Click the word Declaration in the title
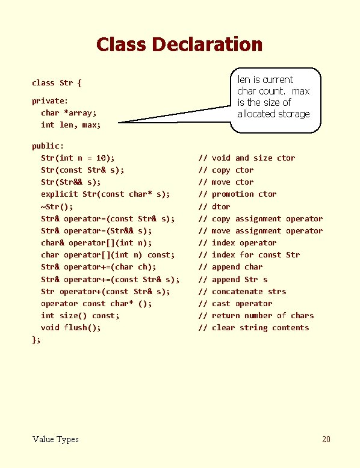[207, 44]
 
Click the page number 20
[326, 439]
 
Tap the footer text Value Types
[55, 439]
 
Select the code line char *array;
[69, 113]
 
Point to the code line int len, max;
[71, 125]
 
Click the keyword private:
[50, 101]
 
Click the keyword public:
[48, 146]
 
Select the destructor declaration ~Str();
[57, 206]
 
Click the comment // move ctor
[226, 182]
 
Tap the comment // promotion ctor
[238, 194]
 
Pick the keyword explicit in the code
[59, 194]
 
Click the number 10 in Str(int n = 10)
[101, 158]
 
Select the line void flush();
[71, 328]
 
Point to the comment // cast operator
[235, 304]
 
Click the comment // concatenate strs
[242, 291]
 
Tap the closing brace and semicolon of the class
[36, 340]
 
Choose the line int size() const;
[80, 315]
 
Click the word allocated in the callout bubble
[256, 114]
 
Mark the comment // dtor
[214, 206]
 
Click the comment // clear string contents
[253, 328]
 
